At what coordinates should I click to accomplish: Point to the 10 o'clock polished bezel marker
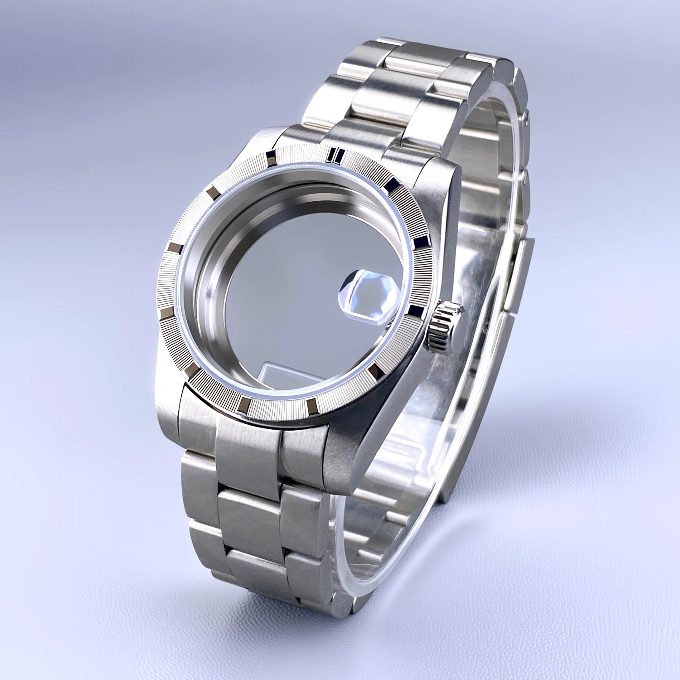click(x=212, y=195)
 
